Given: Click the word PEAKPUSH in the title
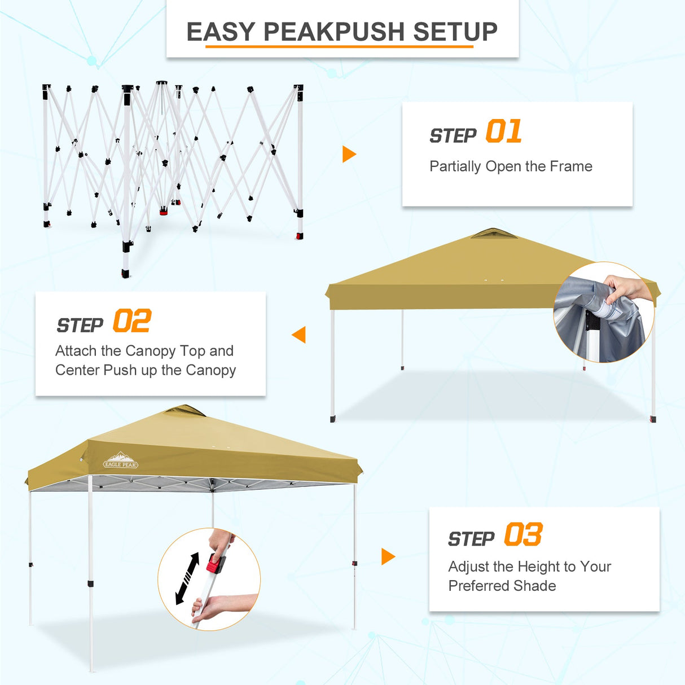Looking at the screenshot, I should click(333, 32).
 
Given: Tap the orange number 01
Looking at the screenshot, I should click(503, 131).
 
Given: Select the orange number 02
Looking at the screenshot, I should click(132, 321).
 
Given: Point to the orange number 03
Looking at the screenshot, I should click(523, 534).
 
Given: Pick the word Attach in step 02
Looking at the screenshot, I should click(76, 351).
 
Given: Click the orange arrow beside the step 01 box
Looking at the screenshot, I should click(349, 154).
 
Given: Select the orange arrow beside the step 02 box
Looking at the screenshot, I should click(300, 335).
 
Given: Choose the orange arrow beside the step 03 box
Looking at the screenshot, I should click(388, 556).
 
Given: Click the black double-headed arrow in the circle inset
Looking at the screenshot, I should click(187, 578).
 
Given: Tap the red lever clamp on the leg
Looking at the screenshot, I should click(215, 563).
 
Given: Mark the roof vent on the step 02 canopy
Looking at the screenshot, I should click(494, 233).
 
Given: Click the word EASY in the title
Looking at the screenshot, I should click(221, 32).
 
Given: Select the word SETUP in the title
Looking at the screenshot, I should click(455, 32).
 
